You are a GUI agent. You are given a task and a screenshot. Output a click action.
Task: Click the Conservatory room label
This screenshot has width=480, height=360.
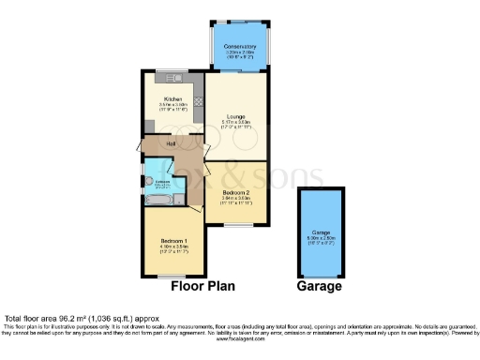(x=239, y=46)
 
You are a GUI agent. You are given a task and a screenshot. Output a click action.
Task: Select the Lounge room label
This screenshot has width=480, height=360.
(x=235, y=116)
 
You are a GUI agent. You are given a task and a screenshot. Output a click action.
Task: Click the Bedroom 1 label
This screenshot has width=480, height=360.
(x=170, y=241)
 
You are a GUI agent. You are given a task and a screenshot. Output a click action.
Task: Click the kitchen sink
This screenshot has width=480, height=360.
(x=172, y=75)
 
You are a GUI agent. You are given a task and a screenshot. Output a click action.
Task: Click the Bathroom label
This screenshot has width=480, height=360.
(x=161, y=181)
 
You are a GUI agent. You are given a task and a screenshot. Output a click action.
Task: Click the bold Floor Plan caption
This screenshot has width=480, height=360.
(x=202, y=287)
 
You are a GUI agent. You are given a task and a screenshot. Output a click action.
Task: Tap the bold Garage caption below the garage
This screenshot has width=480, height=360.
(x=321, y=287)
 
